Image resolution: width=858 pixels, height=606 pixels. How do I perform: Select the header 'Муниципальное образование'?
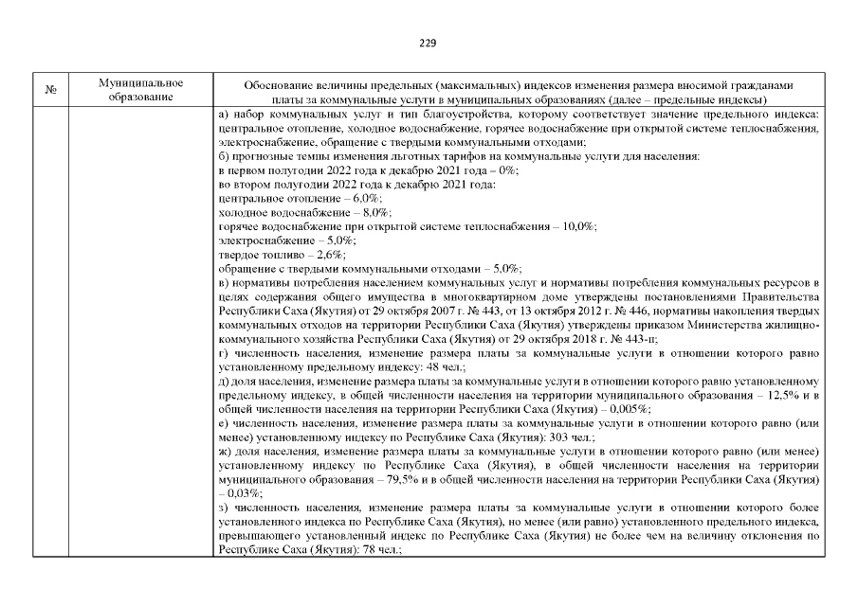(140, 91)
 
